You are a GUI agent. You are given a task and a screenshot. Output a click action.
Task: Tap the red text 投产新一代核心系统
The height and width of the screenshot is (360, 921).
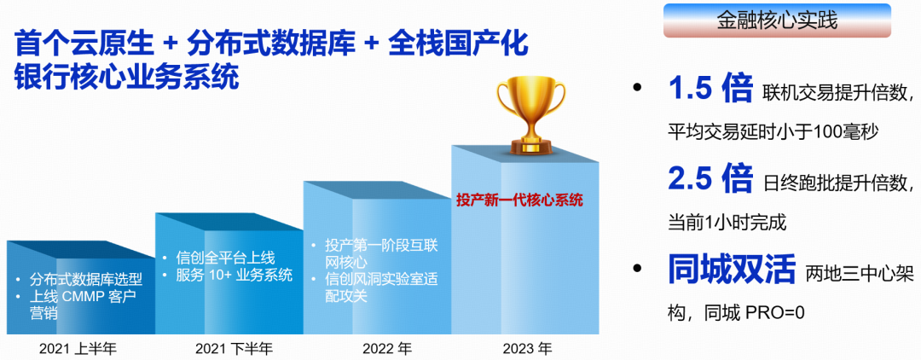tap(520, 200)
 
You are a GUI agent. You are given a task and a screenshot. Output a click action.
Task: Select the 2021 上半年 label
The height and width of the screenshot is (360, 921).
tap(78, 348)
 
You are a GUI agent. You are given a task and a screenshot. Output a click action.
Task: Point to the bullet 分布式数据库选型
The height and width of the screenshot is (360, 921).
tap(85, 278)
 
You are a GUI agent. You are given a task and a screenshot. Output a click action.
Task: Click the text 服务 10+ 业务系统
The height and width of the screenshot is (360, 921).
tap(234, 275)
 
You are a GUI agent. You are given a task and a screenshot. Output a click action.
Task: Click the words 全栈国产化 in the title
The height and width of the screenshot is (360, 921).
tap(458, 45)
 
